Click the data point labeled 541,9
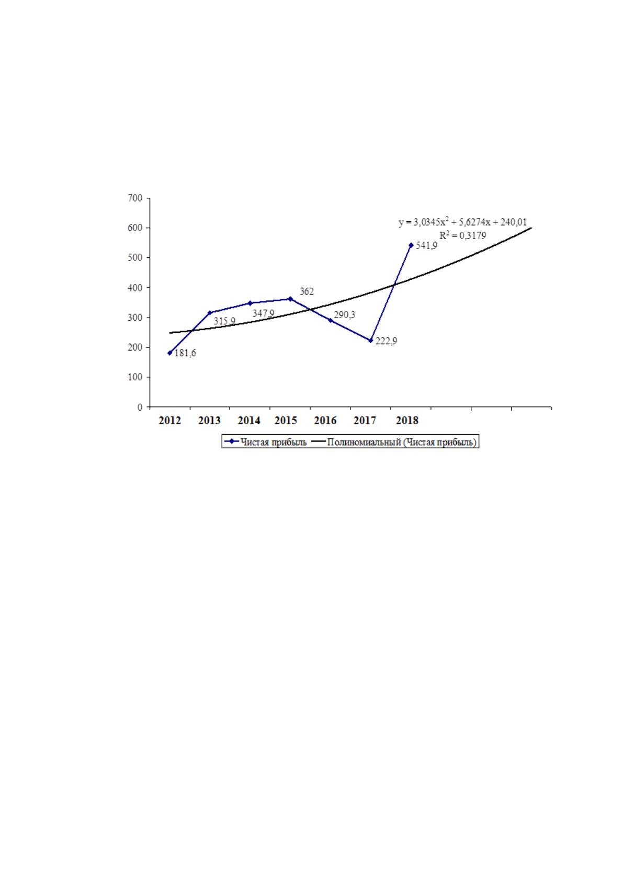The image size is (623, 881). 411,245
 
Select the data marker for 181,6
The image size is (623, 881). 170,353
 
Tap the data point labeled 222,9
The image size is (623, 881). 370,340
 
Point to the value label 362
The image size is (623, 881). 307,291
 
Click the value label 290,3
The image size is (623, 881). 345,314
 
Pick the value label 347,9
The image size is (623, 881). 264,313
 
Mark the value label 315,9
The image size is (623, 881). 224,321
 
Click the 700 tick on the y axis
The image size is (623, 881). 135,198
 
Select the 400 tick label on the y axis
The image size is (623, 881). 135,288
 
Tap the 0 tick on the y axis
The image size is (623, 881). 140,407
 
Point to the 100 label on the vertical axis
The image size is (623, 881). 135,377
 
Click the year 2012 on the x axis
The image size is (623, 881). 170,421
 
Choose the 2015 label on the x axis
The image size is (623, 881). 286,421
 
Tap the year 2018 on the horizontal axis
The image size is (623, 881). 407,421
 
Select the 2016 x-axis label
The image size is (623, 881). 325,421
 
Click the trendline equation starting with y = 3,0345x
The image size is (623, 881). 462,222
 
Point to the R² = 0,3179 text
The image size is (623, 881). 462,235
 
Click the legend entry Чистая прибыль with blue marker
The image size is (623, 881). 266,442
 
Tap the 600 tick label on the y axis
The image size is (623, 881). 135,228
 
